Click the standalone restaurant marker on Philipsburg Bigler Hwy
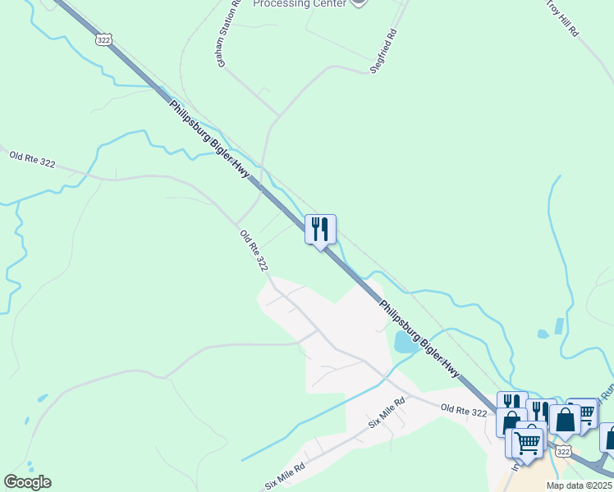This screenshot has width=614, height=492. [320, 229]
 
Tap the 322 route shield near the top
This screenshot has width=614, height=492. [103, 39]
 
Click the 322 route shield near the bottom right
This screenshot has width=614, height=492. [561, 451]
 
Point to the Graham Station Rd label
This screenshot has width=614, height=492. [228, 34]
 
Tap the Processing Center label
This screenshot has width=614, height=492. [298, 3]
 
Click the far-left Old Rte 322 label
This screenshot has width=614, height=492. [32, 158]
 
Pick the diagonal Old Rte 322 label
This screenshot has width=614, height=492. [254, 251]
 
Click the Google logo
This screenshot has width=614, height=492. [27, 482]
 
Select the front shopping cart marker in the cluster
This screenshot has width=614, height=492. [529, 443]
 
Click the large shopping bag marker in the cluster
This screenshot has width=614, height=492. [565, 421]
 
